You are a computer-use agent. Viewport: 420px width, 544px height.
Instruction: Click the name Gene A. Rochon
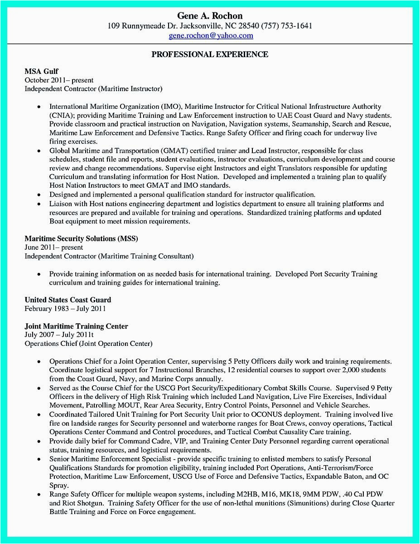[x=210, y=16]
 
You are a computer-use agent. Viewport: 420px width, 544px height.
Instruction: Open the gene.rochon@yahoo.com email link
[x=211, y=35]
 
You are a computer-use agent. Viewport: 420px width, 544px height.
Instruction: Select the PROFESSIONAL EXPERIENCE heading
[x=210, y=54]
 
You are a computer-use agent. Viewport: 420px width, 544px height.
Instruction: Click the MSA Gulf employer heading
[x=41, y=72]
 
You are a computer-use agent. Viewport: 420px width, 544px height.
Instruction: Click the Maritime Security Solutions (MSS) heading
[x=81, y=238]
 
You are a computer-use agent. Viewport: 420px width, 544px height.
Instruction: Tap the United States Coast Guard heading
[x=68, y=300]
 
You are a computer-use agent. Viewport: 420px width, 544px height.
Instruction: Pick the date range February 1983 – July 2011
[x=65, y=309]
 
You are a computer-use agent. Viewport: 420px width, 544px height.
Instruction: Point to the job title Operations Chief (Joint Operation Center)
[x=88, y=344]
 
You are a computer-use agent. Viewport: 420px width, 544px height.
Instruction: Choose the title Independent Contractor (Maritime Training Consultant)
[x=109, y=256]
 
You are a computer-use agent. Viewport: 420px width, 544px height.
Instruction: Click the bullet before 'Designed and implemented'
[x=39, y=194]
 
